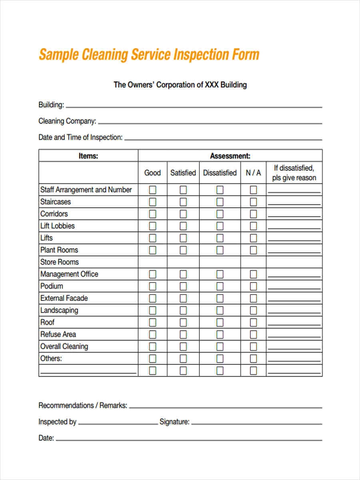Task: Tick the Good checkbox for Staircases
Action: (152, 202)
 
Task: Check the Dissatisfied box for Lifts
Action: (220, 238)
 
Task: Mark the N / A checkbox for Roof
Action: (253, 322)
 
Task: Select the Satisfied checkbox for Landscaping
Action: (183, 310)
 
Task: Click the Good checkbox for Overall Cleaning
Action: (152, 346)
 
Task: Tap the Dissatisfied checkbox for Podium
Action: (220, 286)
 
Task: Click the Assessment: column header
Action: (230, 156)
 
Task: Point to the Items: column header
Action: (88, 156)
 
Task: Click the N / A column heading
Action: (253, 173)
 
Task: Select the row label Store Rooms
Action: (59, 262)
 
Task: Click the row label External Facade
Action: (64, 298)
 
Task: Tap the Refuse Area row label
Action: (58, 334)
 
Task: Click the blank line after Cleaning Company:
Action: (210, 122)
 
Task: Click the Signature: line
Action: (256, 423)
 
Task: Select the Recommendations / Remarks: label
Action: (83, 405)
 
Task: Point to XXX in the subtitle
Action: (211, 85)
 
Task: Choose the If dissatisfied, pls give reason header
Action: (294, 173)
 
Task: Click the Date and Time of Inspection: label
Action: (80, 137)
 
